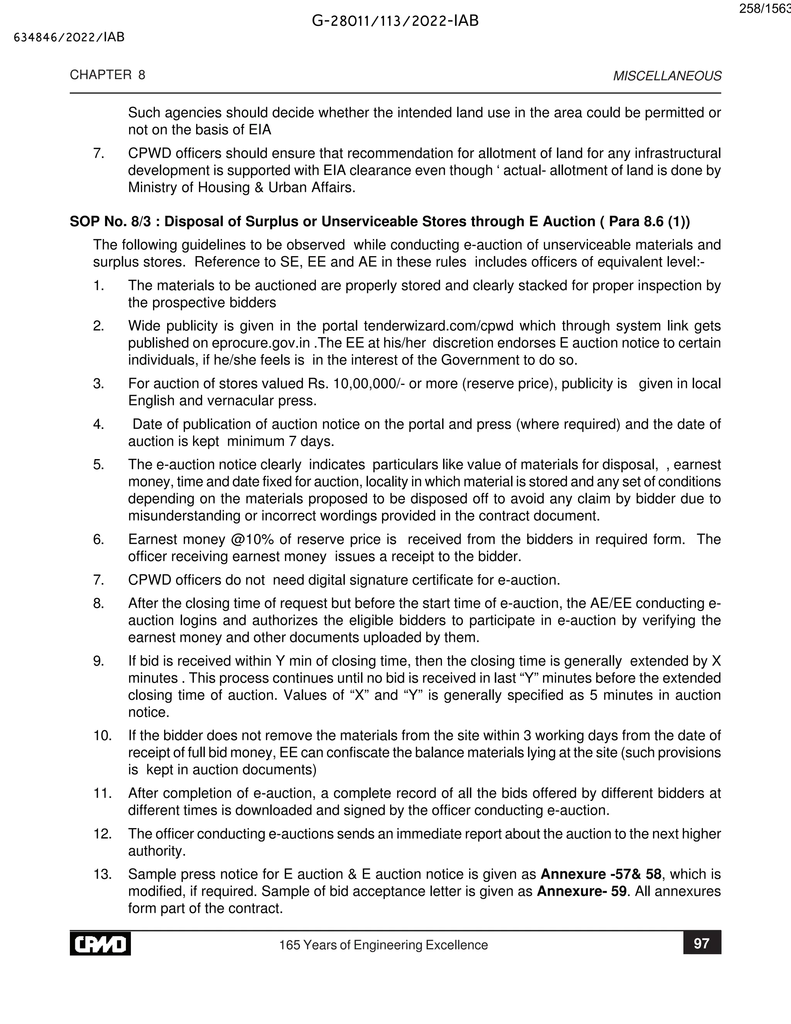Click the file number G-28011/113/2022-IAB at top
coord(395,21)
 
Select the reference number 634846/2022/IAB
coord(70,37)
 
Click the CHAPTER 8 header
coord(107,75)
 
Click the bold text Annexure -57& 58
coord(601,874)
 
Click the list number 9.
coord(98,661)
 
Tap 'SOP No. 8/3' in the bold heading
coord(110,222)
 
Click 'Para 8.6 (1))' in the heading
coord(649,222)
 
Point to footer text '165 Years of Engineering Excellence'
coord(383,945)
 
